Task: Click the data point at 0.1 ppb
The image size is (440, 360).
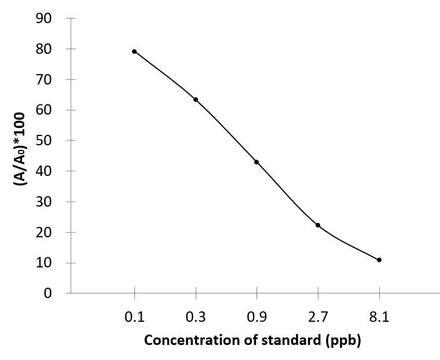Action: click(x=134, y=52)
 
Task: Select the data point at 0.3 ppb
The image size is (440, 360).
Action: click(x=196, y=100)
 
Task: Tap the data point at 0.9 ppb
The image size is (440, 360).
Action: click(x=256, y=162)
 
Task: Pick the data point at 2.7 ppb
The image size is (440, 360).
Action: click(x=318, y=225)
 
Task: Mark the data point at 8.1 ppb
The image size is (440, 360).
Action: click(x=379, y=260)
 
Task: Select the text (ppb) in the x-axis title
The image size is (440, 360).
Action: click(x=345, y=340)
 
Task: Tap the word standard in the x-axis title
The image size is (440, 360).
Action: click(x=289, y=340)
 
